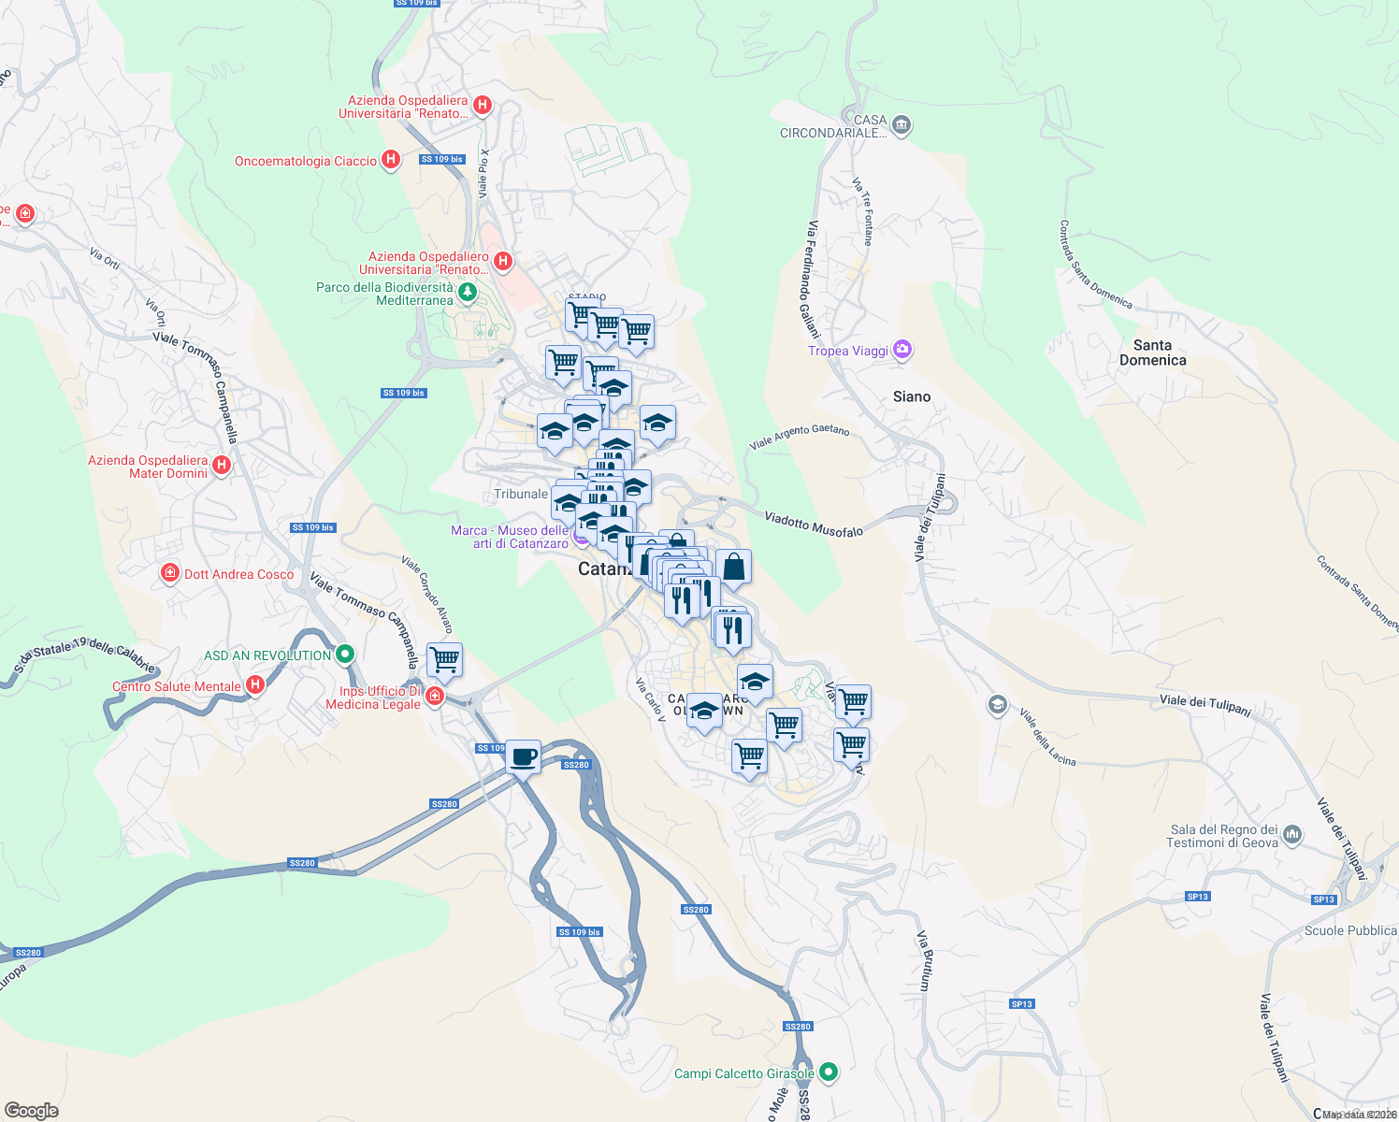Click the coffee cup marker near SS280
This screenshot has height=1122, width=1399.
(x=524, y=755)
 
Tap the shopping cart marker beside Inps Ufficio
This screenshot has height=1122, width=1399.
(x=445, y=659)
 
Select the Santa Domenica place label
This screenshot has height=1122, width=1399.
(x=1152, y=352)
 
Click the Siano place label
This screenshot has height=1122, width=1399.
(x=911, y=396)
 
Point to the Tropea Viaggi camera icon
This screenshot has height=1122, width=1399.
(x=902, y=350)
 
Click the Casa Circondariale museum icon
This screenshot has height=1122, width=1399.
(x=901, y=125)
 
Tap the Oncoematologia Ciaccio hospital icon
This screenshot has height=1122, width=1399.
(x=392, y=160)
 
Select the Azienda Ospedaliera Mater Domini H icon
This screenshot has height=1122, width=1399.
(x=222, y=465)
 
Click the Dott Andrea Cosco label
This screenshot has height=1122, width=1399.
(x=238, y=574)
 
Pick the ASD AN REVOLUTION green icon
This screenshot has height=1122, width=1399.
(x=345, y=654)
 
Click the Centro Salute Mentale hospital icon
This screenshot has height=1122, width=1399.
(x=254, y=685)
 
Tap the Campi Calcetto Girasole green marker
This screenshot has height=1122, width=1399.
(x=828, y=1072)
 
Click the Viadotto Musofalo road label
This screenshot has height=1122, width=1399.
(x=814, y=524)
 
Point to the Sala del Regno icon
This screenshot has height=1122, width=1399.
(x=1292, y=834)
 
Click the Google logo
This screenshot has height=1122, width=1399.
(x=31, y=1110)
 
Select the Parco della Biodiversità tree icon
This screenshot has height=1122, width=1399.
(x=468, y=293)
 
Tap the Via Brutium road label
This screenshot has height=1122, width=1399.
(x=924, y=960)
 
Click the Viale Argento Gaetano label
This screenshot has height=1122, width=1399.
(x=799, y=436)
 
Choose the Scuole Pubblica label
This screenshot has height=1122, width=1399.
(x=1349, y=930)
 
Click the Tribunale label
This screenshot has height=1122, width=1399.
(x=521, y=494)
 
